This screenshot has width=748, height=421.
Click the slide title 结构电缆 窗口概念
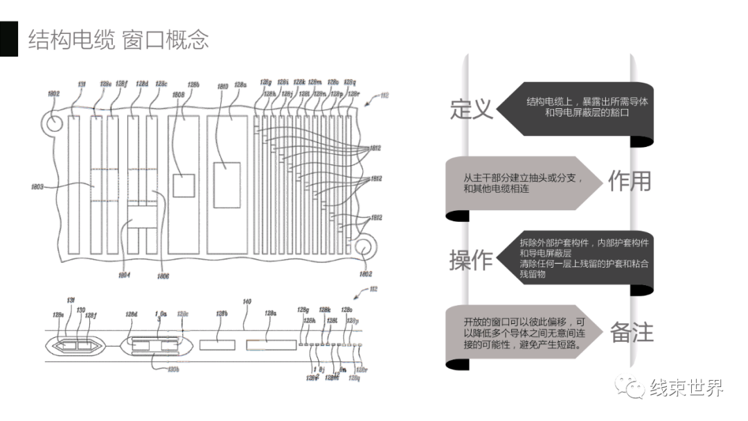pos(118,39)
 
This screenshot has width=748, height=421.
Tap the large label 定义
pos(472,108)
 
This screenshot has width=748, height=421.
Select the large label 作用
pos(630,181)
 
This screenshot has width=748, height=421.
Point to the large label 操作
pos(472,259)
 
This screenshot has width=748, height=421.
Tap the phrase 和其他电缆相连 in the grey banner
pos(496,188)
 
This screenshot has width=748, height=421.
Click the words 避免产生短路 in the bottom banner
pos(546,344)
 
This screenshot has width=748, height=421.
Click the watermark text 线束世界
pos(686,388)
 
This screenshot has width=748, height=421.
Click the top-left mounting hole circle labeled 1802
pos(52,122)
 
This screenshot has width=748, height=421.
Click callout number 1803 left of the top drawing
pos(37,187)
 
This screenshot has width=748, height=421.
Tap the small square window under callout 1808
pos(183,185)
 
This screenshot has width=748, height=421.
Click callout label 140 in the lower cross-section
pos(246,302)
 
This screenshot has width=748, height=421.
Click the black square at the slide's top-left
pos(8,39)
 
